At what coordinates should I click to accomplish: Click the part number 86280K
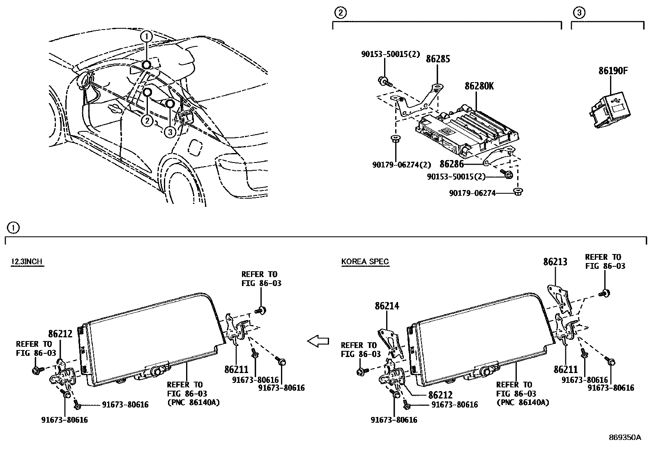pos(479,87)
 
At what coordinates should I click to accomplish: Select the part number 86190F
pos(613,71)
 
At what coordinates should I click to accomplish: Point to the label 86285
pos(438,59)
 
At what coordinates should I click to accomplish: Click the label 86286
pos(451,164)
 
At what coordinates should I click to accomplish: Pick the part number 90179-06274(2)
pos(401,165)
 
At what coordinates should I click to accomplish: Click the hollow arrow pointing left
pos(318,340)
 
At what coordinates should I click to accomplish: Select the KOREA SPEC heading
pos(365,262)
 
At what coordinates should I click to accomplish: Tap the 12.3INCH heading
pos(27,262)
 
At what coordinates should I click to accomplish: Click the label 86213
pos(555,262)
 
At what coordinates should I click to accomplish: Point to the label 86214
pos(387,306)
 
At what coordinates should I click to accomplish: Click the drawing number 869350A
pos(624,437)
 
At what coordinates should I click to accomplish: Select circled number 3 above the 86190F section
pos(578,13)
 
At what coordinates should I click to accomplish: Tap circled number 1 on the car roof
pos(146,37)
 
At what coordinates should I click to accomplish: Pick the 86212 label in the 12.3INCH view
pos(60,334)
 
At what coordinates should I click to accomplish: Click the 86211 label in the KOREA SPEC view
pos(565,369)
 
